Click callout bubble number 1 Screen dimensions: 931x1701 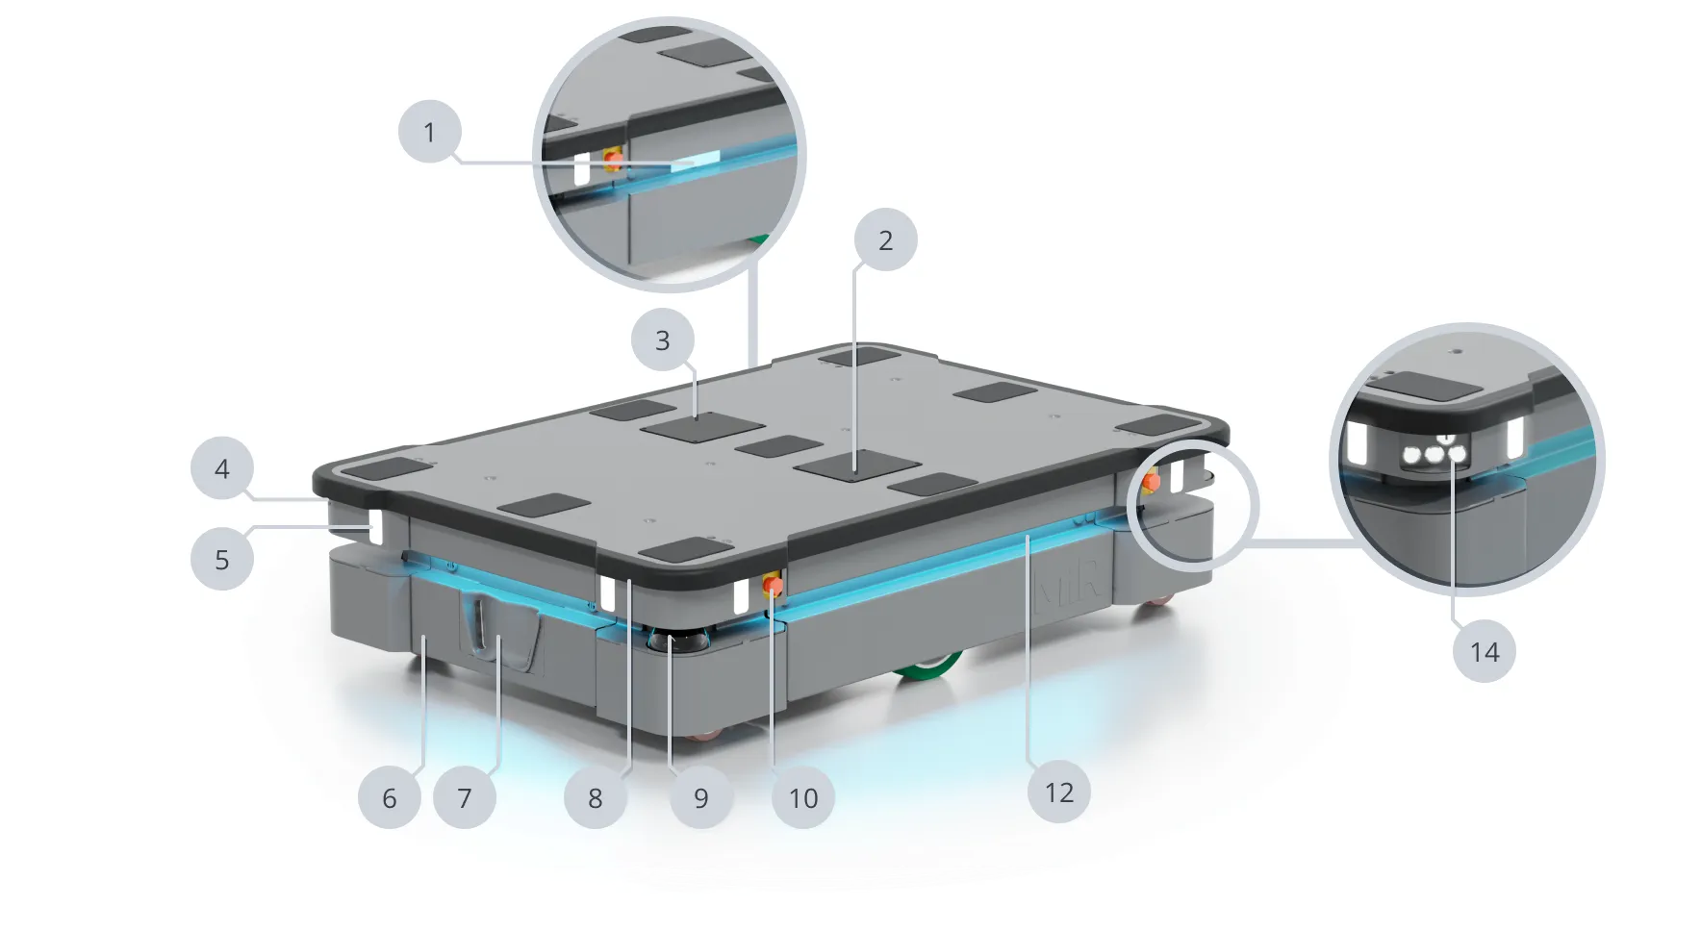[430, 132]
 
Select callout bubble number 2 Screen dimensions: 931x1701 [885, 239]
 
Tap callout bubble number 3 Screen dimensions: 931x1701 [662, 340]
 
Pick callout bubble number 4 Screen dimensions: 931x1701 [222, 469]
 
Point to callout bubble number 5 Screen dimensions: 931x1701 [222, 559]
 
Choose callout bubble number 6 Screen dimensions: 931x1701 [389, 797]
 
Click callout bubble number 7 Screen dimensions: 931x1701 [465, 797]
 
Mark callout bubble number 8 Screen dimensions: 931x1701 [595, 797]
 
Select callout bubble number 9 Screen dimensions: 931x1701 [700, 797]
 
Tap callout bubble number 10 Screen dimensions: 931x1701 [803, 797]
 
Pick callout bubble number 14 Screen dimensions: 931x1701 [1485, 651]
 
